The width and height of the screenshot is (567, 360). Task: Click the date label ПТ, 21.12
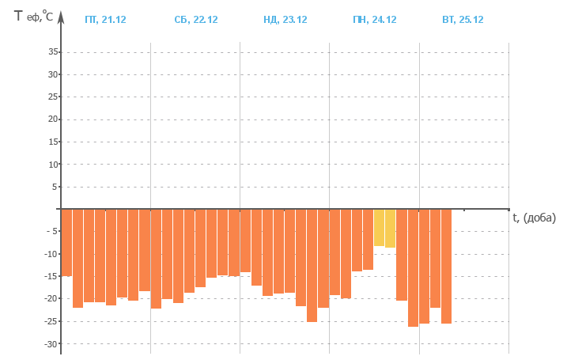105,20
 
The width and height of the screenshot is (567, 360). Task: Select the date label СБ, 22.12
195,20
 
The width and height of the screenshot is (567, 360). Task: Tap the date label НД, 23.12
285,20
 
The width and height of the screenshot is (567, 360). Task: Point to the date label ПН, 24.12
374,20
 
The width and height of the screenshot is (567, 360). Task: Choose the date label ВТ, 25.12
463,20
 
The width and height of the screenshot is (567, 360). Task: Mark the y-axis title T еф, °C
33,15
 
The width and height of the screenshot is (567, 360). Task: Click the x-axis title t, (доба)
534,218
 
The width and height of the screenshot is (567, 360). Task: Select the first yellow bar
379,228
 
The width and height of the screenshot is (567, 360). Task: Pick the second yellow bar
390,229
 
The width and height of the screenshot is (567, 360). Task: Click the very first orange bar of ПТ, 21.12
66,242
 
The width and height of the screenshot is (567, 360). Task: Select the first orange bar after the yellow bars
401,255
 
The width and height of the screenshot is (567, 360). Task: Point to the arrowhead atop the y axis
60,13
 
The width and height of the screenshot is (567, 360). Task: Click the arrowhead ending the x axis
506,210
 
